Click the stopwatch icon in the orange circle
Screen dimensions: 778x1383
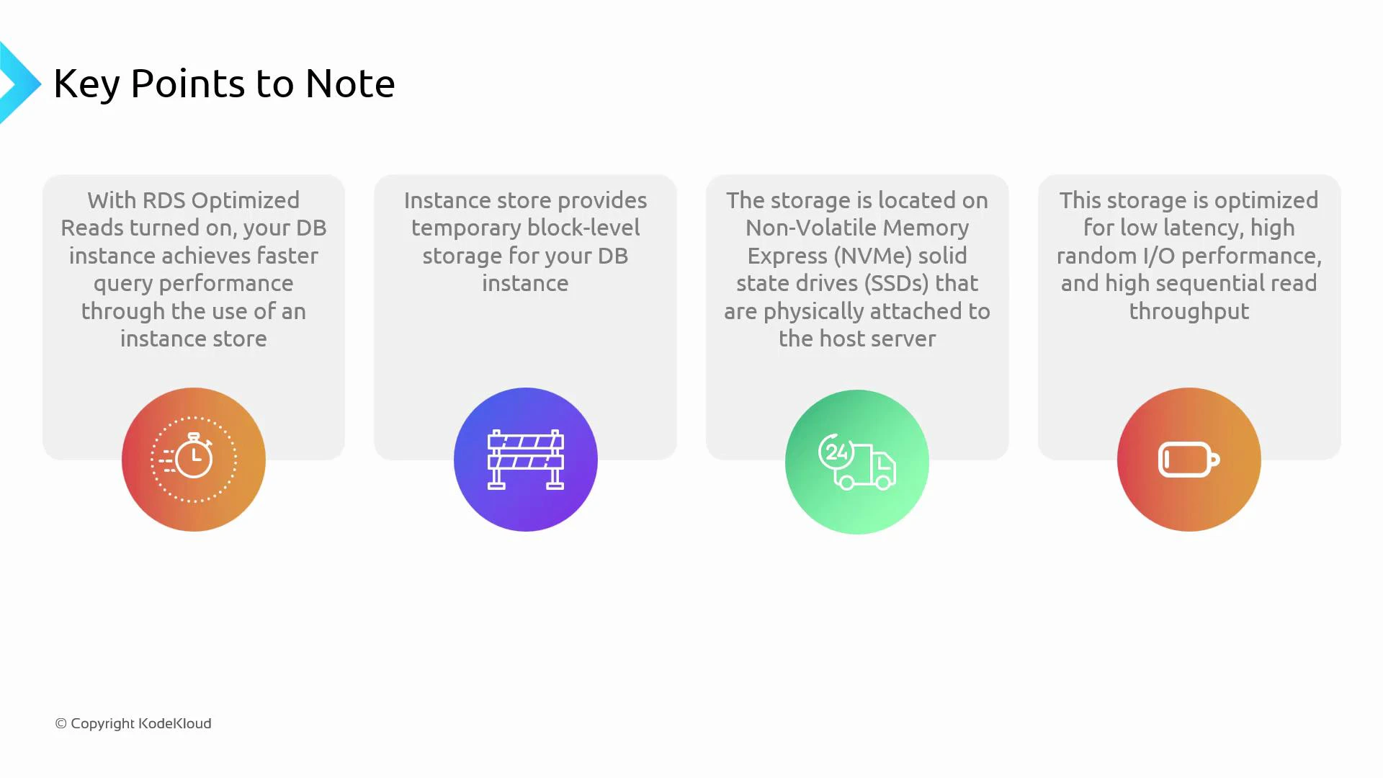193,458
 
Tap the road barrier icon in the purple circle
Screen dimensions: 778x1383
525,460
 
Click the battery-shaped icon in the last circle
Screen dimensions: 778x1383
1189,460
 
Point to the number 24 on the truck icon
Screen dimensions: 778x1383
836,452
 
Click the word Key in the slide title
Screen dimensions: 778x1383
86,84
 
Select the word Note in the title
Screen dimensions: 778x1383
350,84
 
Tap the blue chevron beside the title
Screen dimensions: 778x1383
19,83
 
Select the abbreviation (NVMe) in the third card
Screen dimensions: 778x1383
874,256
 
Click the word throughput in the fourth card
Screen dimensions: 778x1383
1189,311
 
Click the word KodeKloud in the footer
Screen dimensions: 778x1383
175,723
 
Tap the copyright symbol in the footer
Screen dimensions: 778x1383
61,723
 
